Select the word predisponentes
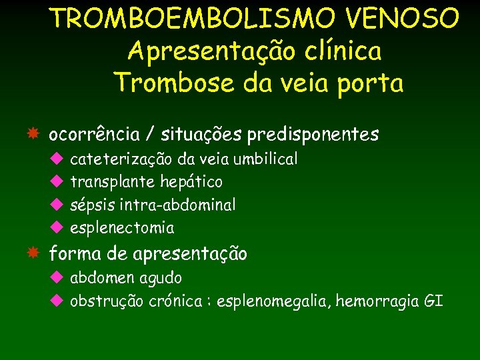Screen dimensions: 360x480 pos(313,135)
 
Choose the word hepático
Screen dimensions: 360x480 pos(191,182)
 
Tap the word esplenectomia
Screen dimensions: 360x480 pos(122,228)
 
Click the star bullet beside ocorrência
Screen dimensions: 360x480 pos(33,134)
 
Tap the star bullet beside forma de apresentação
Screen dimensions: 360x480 pos(33,253)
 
